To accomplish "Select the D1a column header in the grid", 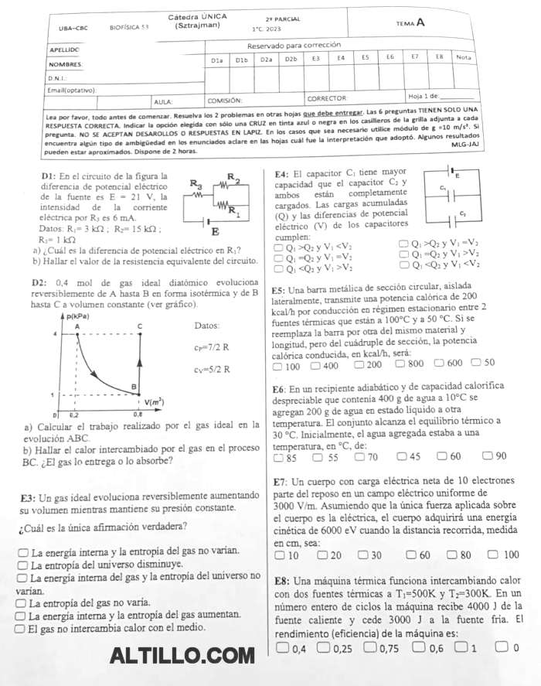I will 216,60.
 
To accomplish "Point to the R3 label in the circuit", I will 196,184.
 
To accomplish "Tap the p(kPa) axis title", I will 80,316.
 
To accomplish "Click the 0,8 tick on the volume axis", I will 137,415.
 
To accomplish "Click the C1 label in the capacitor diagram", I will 443,187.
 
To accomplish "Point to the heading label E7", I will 281,481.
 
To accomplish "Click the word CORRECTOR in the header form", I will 327,99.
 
